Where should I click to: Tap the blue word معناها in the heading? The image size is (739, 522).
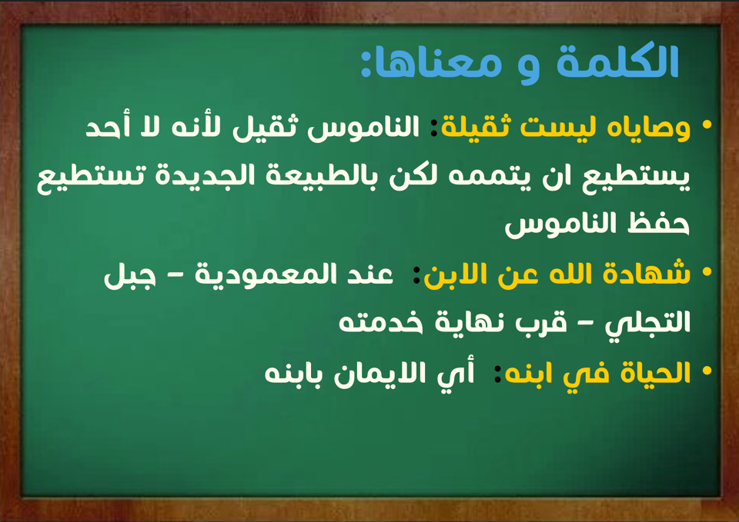[436, 64]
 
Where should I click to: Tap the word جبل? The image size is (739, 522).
[129, 276]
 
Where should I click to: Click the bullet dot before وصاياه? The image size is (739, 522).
[707, 125]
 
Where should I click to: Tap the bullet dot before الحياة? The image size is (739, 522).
[707, 371]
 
